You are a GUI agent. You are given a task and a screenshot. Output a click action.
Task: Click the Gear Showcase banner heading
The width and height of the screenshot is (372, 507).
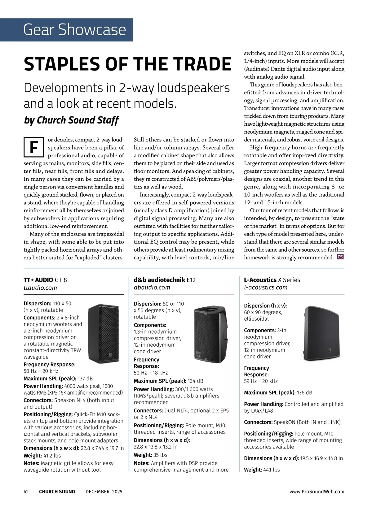click(74, 30)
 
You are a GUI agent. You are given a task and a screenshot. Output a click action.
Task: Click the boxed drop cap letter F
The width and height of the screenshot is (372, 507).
click(33, 147)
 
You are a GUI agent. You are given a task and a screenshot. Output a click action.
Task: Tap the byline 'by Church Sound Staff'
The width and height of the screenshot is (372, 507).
click(71, 120)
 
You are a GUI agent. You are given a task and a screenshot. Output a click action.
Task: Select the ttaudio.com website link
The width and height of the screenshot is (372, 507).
click(40, 288)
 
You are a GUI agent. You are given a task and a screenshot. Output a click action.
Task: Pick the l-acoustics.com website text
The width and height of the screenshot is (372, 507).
click(266, 287)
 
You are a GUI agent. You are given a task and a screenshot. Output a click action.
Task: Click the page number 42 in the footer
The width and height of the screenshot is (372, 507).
click(26, 492)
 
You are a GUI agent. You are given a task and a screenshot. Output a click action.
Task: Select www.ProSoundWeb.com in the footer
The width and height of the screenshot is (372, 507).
click(317, 492)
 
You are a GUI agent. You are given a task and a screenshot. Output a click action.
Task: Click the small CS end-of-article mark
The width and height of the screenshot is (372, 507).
click(340, 257)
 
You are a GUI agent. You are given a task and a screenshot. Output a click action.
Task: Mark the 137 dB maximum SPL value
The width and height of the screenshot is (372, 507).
click(85, 378)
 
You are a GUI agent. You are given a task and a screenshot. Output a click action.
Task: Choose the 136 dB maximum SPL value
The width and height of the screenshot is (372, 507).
click(304, 392)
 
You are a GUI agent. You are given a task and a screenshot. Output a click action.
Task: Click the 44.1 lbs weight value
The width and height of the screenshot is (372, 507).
click(271, 470)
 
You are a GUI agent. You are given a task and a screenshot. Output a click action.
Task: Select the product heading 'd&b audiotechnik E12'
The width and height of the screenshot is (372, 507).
click(165, 280)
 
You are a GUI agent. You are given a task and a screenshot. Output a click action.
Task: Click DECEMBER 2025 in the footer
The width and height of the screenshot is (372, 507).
click(104, 492)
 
